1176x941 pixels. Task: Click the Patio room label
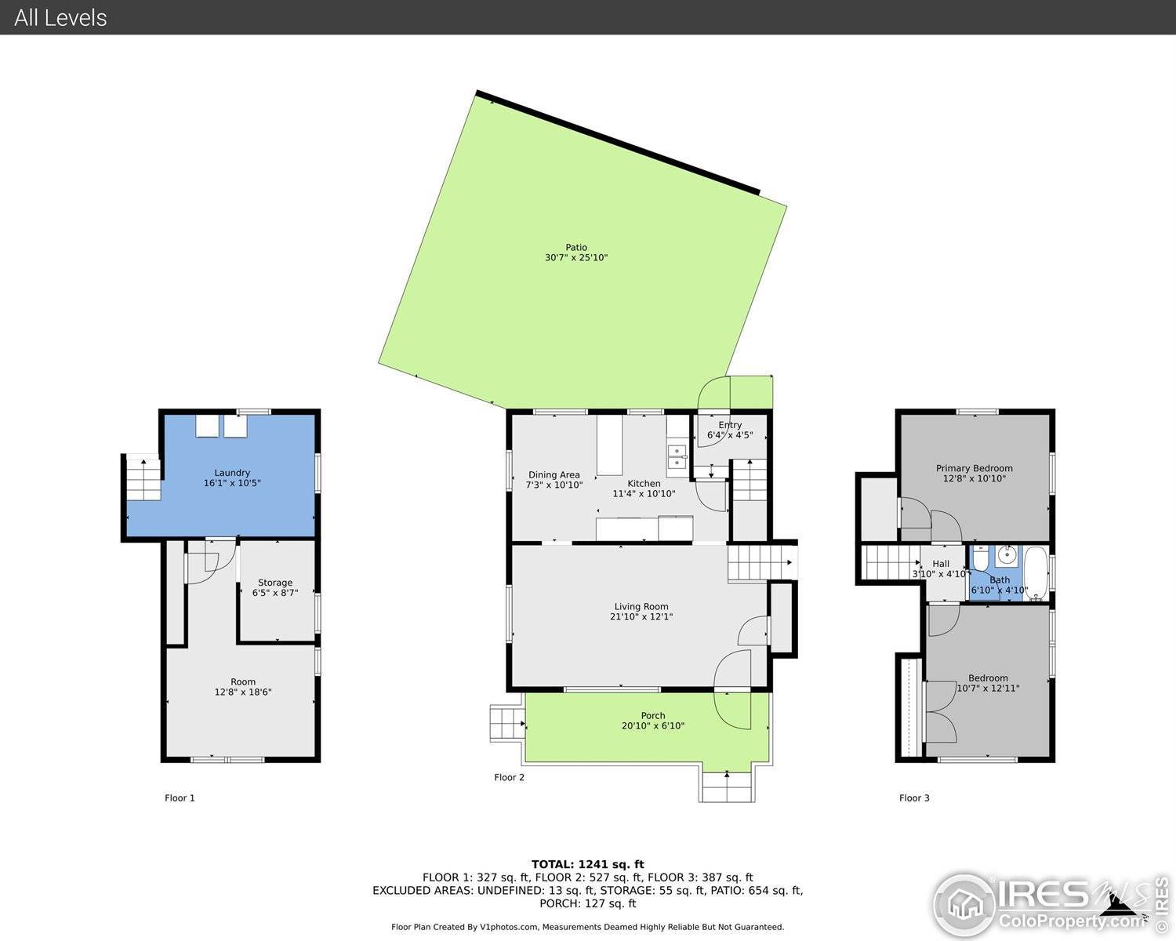(x=576, y=248)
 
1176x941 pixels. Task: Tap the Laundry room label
(x=232, y=473)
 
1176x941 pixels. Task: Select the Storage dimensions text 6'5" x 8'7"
(x=275, y=593)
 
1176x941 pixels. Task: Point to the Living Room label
(x=641, y=606)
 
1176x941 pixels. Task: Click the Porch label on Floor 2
(x=652, y=715)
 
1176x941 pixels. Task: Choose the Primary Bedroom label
(x=974, y=468)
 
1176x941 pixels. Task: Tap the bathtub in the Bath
(x=1036, y=572)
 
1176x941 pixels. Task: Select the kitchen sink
(x=676, y=457)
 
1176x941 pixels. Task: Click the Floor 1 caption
(x=180, y=798)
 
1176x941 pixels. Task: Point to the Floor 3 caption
(x=914, y=798)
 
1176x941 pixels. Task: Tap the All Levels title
(x=60, y=17)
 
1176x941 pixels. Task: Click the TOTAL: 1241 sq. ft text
(x=587, y=864)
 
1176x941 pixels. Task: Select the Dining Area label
(x=554, y=474)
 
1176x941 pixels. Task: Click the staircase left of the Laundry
(x=143, y=478)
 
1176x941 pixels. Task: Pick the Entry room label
(x=730, y=425)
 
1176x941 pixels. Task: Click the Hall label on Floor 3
(x=941, y=564)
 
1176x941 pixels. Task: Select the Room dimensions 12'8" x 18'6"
(x=243, y=692)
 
